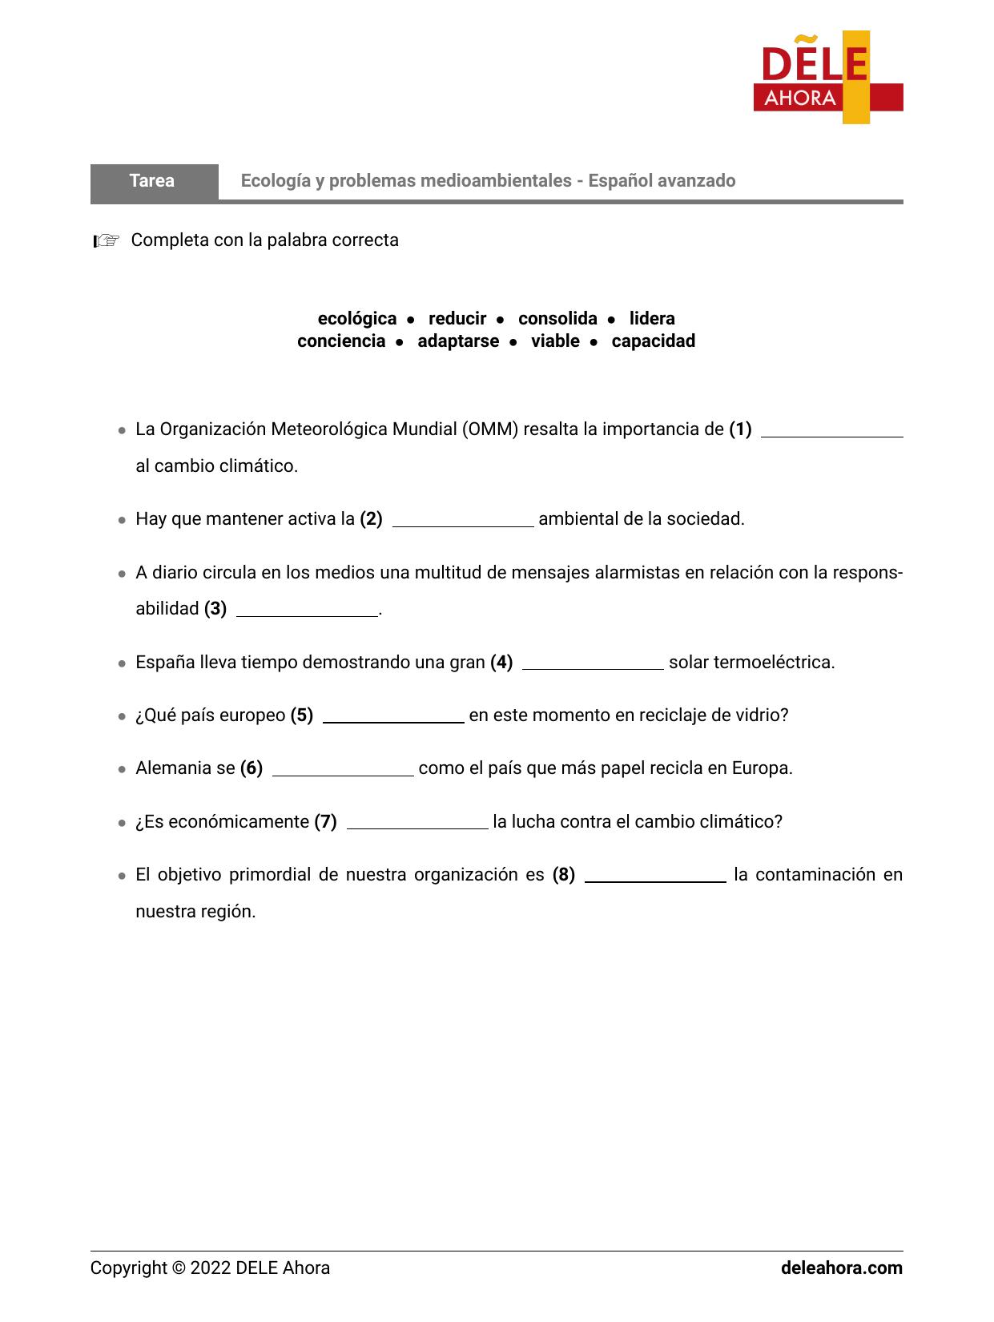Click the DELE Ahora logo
tap(827, 78)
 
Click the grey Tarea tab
tap(153, 181)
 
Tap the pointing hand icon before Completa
tap(106, 240)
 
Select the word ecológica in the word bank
tap(356, 319)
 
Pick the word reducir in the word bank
tap(457, 319)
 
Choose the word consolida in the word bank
tap(557, 319)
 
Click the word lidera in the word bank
tap(651, 319)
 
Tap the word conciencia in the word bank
tap(341, 341)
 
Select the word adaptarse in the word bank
tap(457, 341)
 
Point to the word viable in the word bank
tap(555, 341)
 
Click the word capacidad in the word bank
tap(653, 341)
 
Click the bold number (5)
tap(302, 715)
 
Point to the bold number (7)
tap(325, 822)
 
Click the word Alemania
tap(173, 768)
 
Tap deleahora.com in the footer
tap(841, 1268)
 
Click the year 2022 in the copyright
tap(211, 1268)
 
